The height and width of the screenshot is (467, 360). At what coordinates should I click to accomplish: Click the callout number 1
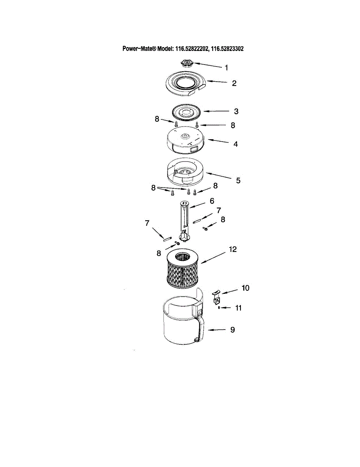click(x=226, y=68)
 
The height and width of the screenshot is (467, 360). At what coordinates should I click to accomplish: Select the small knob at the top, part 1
click(x=187, y=63)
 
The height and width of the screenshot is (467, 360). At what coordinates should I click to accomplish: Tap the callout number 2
click(x=234, y=83)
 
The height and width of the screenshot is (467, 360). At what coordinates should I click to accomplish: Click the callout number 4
click(x=235, y=144)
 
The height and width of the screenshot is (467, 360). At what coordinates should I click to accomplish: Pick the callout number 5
click(x=238, y=180)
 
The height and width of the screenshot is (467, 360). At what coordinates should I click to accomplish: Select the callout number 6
click(x=212, y=201)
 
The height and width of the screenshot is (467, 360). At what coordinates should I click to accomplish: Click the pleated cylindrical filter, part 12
click(x=182, y=270)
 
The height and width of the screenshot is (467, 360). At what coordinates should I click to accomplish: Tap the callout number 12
click(x=233, y=249)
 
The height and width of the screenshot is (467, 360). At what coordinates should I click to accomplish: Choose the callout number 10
click(x=246, y=288)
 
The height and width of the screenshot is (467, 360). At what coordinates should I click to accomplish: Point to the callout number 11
click(x=238, y=308)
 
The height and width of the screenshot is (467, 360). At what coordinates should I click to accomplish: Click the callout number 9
click(x=233, y=330)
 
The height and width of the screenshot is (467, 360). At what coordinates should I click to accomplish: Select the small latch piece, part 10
click(x=216, y=297)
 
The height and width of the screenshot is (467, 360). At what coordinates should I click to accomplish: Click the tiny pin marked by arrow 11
click(x=219, y=308)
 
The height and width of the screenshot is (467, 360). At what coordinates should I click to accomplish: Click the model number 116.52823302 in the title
click(x=227, y=49)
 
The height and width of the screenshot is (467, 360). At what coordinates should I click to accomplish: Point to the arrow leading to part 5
click(x=219, y=176)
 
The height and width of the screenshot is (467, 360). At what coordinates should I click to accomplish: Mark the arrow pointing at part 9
click(x=217, y=330)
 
